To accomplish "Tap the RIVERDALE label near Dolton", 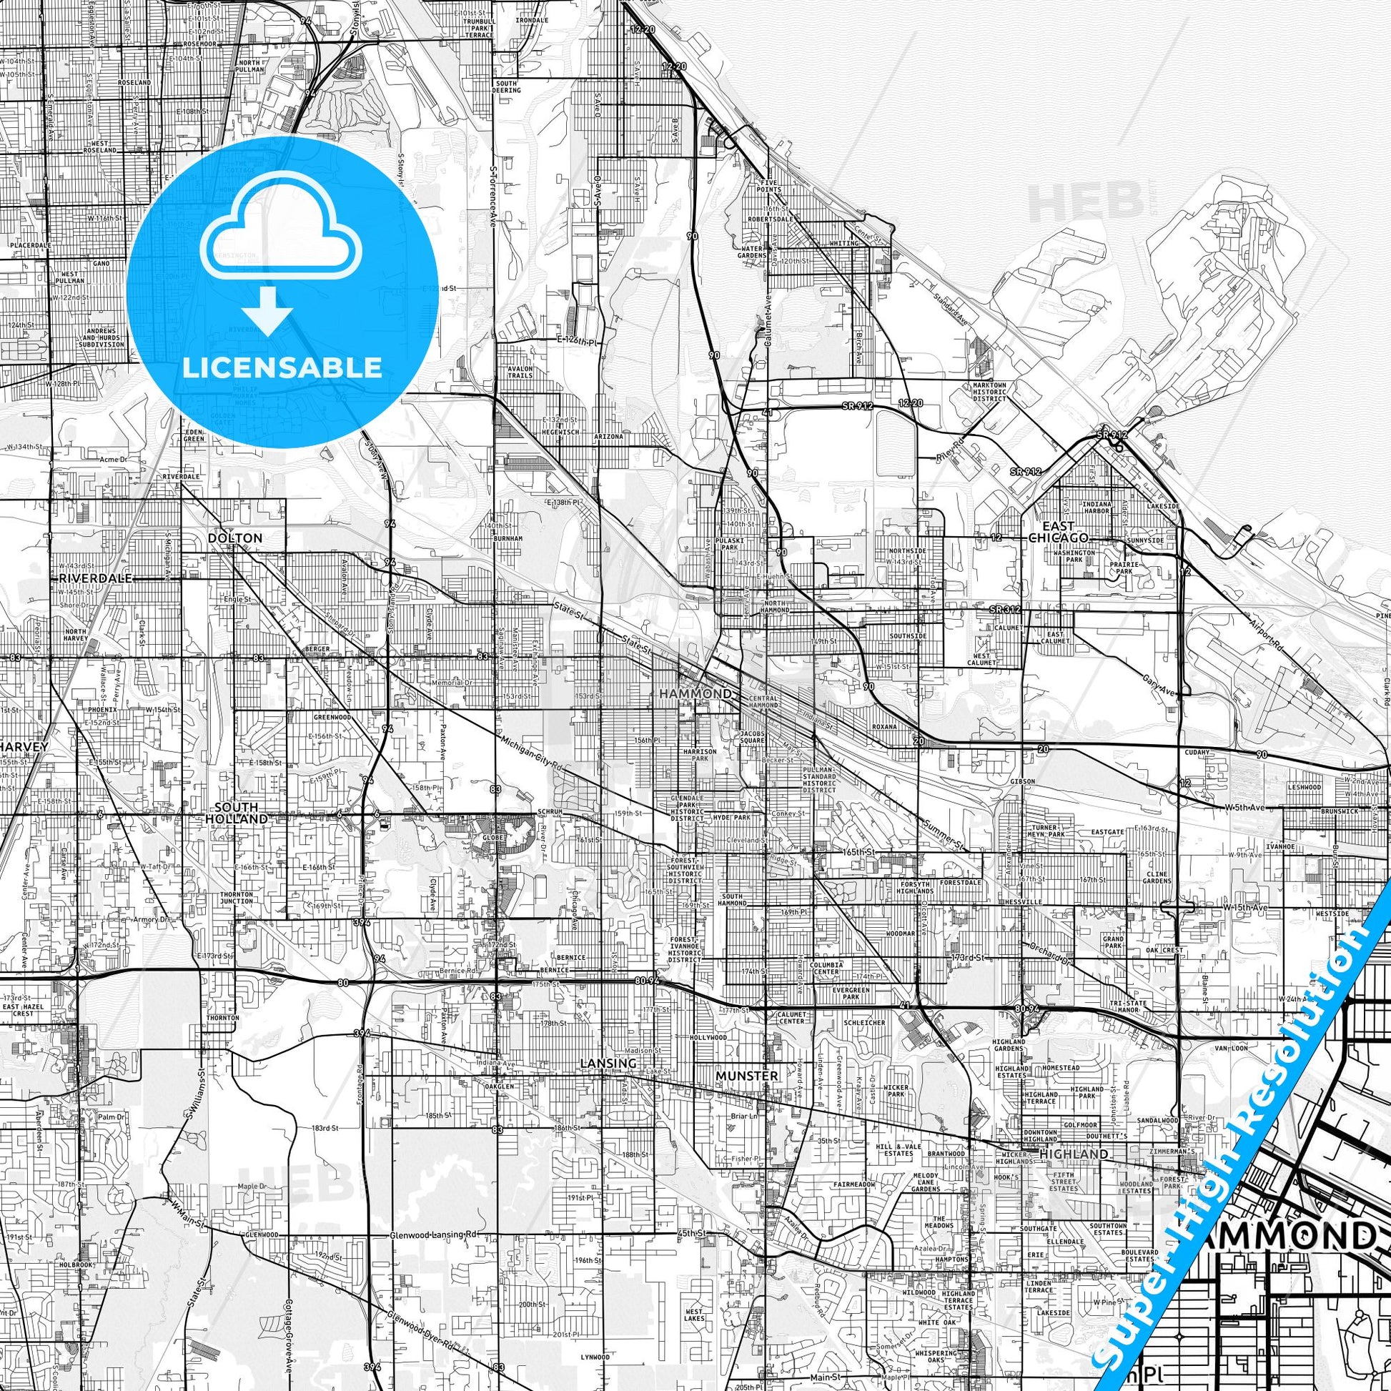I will coord(96,578).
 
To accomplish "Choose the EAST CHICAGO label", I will coord(1057,532).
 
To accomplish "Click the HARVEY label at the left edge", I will coord(24,747).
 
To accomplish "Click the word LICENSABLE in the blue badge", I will coord(282,367).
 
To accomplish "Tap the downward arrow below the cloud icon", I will coord(267,310).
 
